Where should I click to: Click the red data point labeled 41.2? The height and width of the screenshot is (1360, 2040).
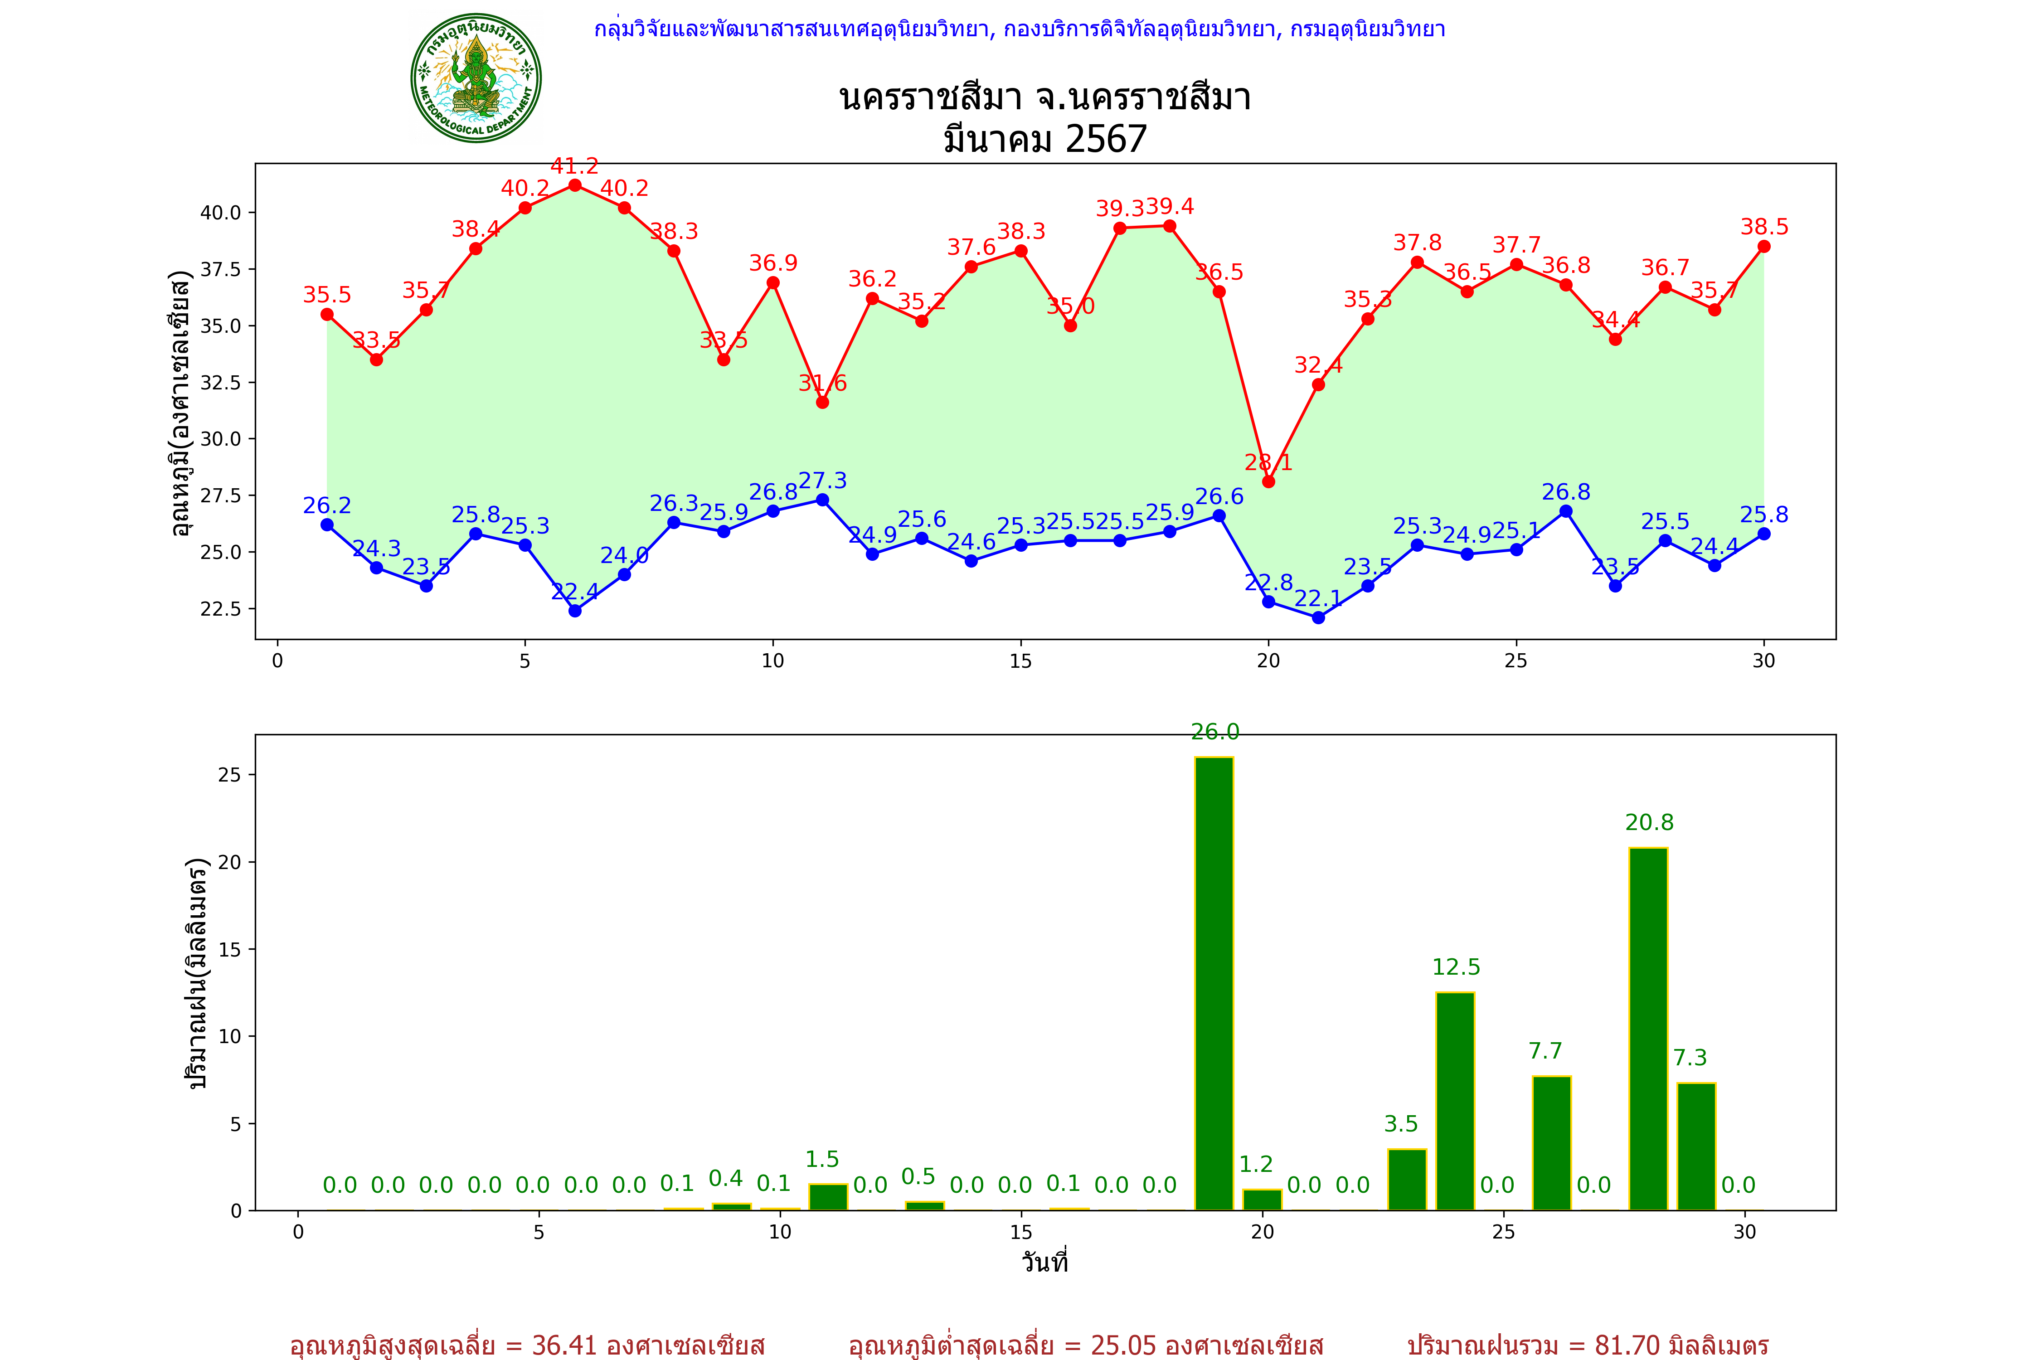(x=574, y=185)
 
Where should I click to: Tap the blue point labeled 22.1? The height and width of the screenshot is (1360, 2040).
(x=1318, y=617)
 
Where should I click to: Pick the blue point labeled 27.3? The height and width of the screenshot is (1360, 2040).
(x=822, y=500)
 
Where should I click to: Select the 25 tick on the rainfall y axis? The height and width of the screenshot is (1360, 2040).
(x=230, y=775)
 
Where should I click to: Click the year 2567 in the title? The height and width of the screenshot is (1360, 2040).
(x=1106, y=139)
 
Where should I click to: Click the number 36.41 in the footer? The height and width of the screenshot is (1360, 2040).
(x=564, y=1345)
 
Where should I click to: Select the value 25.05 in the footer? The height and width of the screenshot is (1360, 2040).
(x=1123, y=1345)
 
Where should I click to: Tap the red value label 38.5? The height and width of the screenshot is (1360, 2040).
(x=1764, y=227)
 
